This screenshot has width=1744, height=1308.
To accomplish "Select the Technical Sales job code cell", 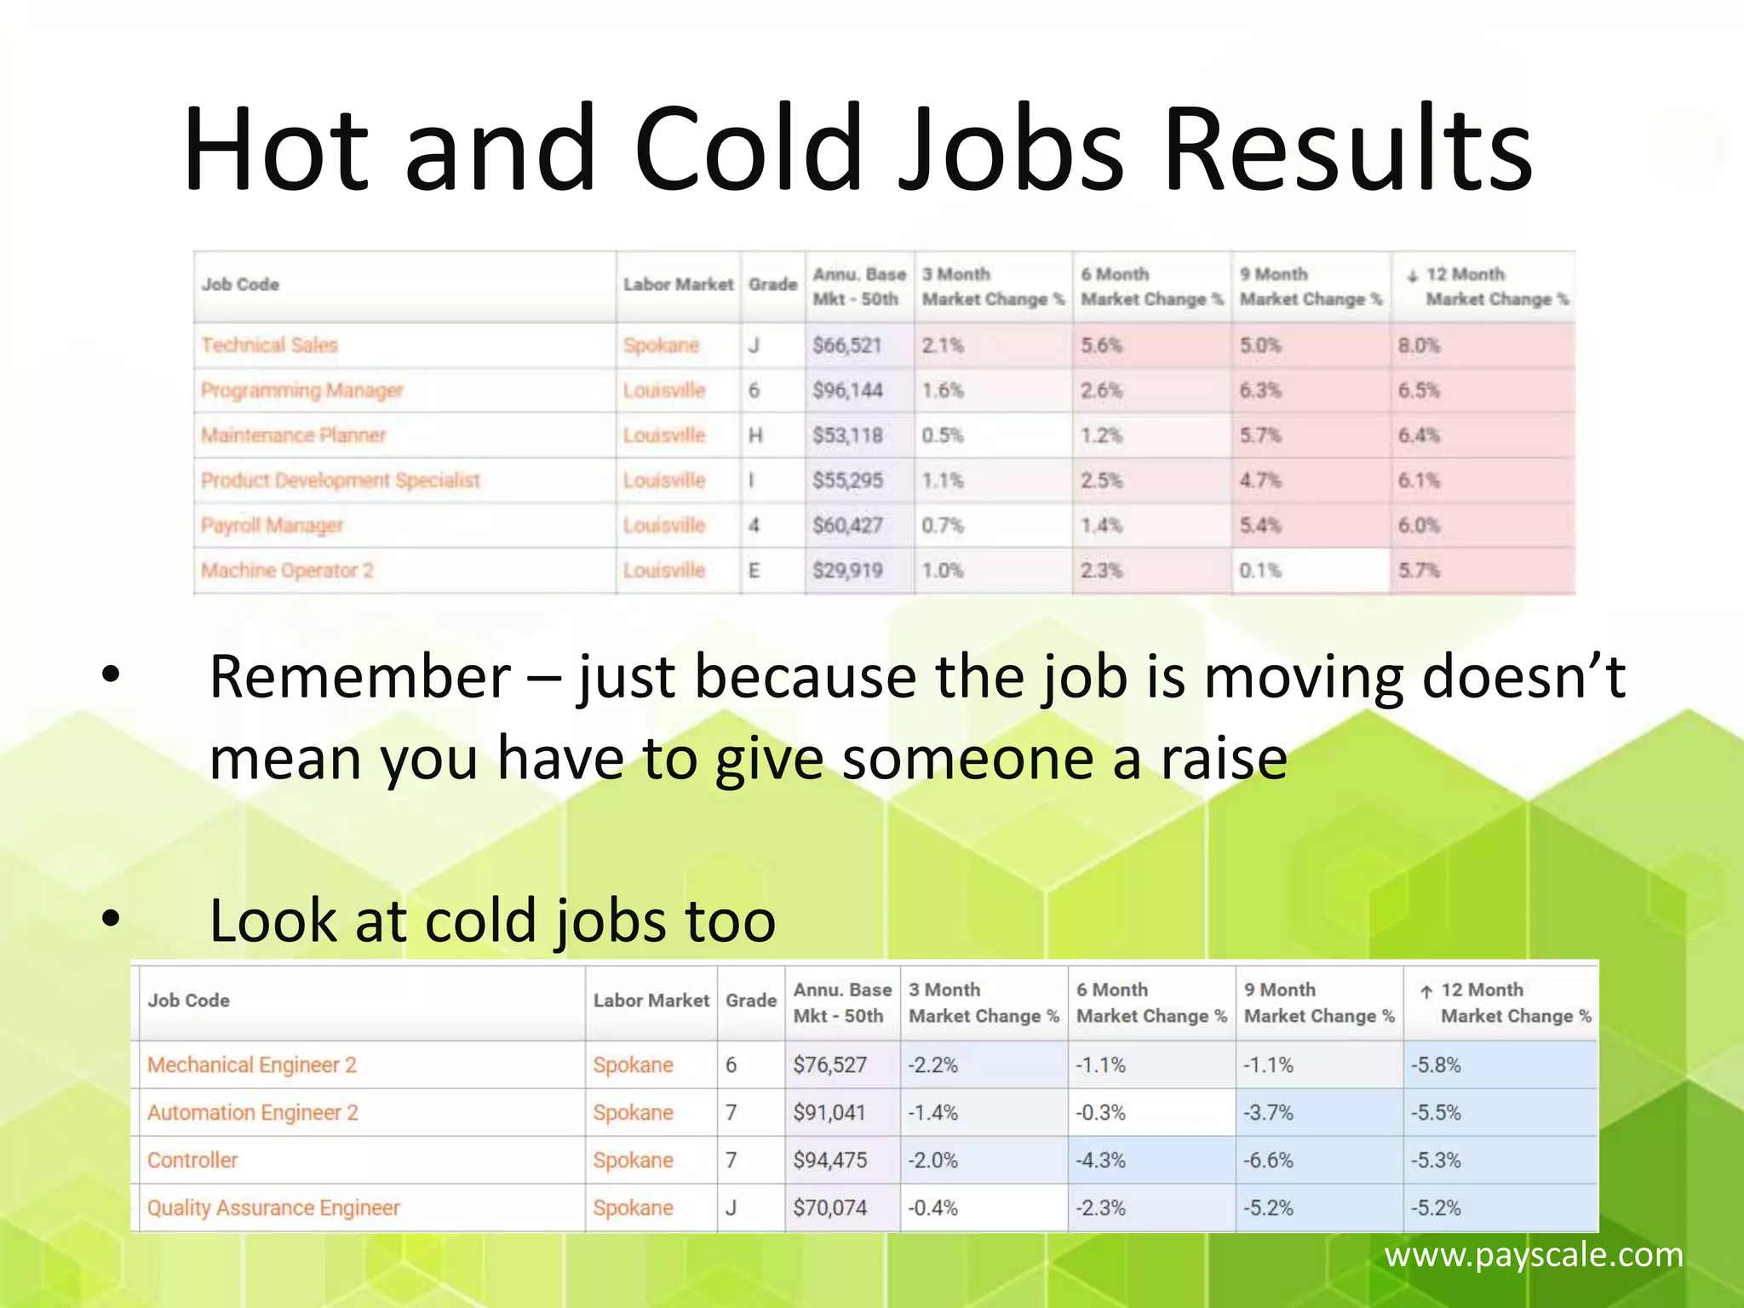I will click(x=269, y=345).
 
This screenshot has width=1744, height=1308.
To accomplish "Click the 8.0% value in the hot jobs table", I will click(x=1419, y=345).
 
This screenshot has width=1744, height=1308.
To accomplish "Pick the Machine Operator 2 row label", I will click(x=287, y=570).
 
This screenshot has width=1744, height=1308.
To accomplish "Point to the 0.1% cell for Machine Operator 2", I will click(x=1260, y=570).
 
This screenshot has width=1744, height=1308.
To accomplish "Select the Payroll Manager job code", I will click(x=272, y=525).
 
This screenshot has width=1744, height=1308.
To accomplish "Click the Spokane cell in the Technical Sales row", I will click(x=661, y=345).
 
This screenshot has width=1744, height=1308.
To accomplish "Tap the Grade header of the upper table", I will click(x=772, y=284).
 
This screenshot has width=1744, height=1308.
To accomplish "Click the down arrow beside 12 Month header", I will click(x=1412, y=276).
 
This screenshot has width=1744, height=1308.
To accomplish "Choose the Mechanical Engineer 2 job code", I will click(x=251, y=1064).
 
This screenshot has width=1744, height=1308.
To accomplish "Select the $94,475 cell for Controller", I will click(x=829, y=1160).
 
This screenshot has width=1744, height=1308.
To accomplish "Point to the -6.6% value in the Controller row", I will click(x=1268, y=1160).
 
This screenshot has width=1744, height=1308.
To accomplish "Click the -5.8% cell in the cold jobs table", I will click(x=1436, y=1064).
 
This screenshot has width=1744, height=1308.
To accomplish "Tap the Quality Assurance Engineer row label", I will click(x=272, y=1208).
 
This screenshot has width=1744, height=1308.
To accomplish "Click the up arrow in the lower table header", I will click(x=1426, y=991).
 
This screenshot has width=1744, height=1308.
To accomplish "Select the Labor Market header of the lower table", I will click(x=651, y=1001).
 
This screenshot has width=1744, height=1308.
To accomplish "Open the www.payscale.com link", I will click(x=1533, y=1254).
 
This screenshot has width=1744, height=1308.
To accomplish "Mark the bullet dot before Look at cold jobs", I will click(x=111, y=920).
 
